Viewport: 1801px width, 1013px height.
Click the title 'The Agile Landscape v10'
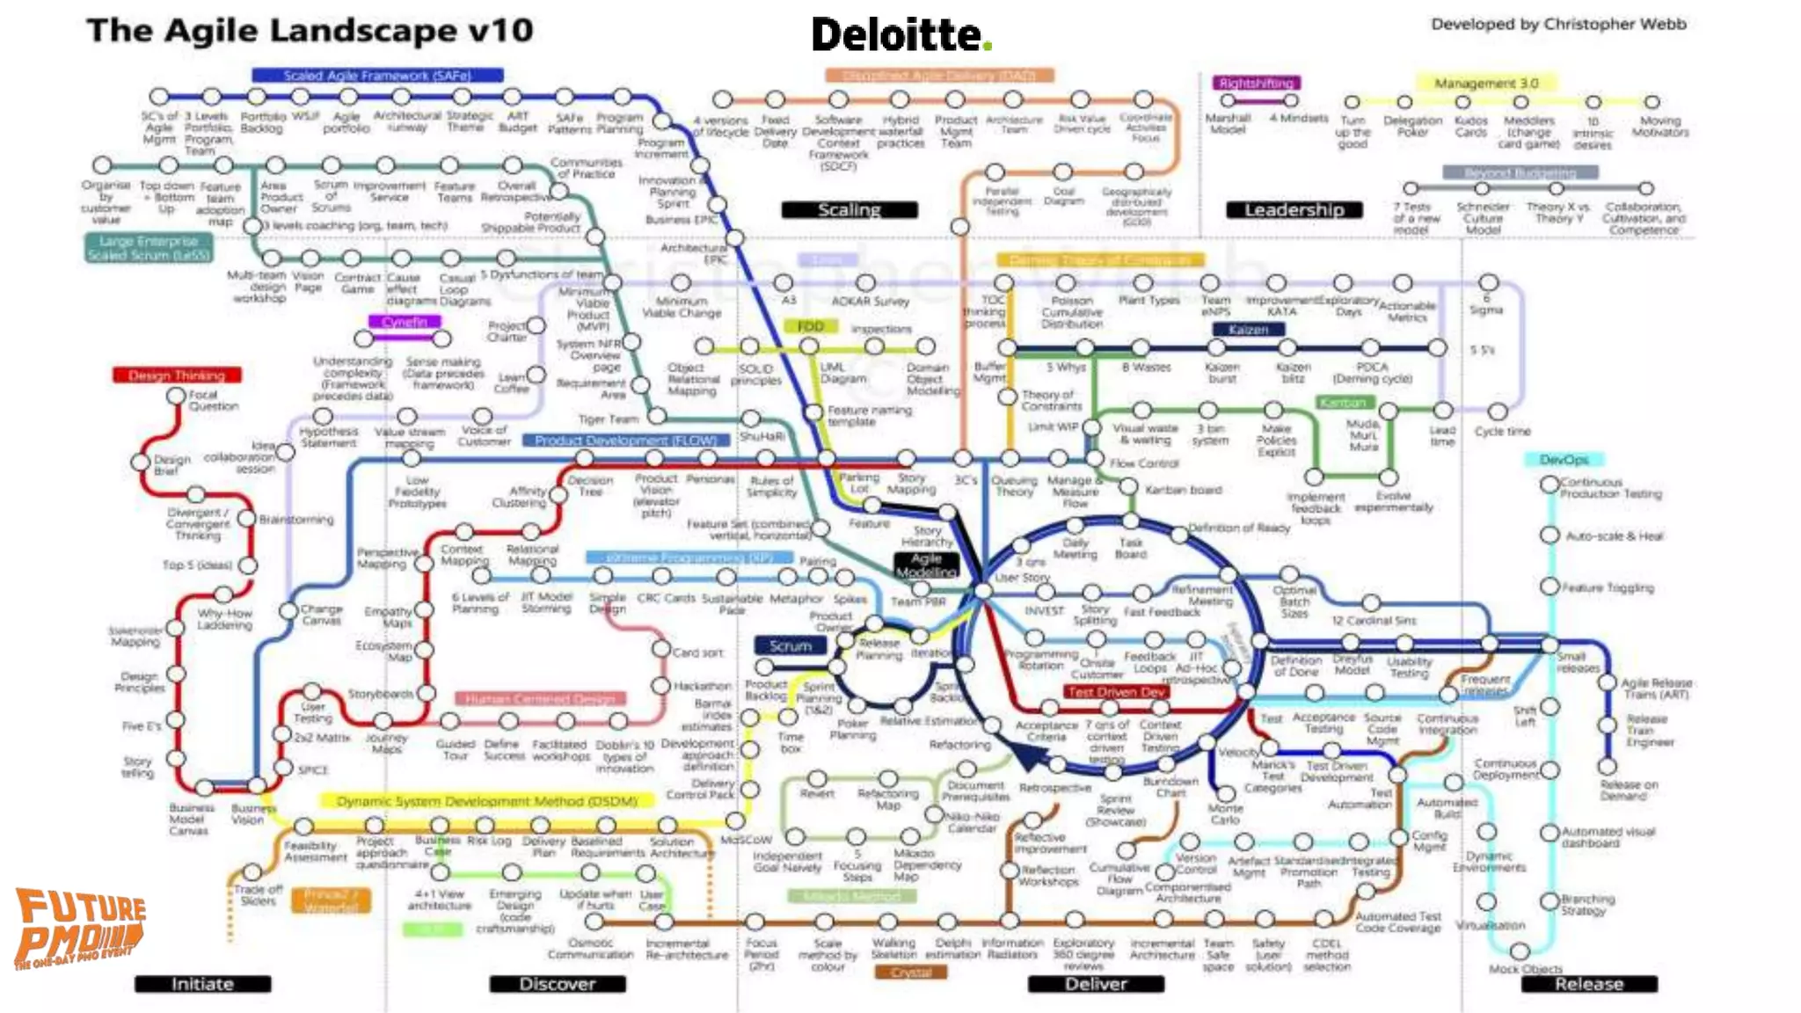coord(310,31)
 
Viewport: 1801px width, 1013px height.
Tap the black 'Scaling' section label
coord(849,209)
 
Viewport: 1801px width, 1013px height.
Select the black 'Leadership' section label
coord(1294,209)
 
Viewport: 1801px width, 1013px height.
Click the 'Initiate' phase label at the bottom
coord(202,984)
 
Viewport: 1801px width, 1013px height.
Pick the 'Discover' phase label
coord(558,984)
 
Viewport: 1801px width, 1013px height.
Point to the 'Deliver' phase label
coord(1096,984)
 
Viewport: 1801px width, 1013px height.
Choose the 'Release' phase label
coord(1588,984)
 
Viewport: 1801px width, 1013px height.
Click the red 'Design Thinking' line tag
coord(177,375)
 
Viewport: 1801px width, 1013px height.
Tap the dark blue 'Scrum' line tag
coord(790,646)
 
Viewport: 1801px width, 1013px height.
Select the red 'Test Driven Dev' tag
coord(1116,692)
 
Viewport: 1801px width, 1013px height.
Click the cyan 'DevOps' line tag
coord(1564,460)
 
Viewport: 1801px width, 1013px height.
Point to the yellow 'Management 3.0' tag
coord(1486,84)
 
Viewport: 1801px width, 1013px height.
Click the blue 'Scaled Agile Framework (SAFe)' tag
coord(377,76)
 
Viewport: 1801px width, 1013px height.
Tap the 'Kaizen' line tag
coord(1248,330)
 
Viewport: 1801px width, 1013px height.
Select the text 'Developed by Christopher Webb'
coord(1558,25)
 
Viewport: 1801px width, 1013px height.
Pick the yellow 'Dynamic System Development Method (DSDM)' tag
coord(486,801)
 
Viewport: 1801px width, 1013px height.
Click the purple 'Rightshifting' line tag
coord(1256,83)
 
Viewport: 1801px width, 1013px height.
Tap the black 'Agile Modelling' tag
coord(926,565)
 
